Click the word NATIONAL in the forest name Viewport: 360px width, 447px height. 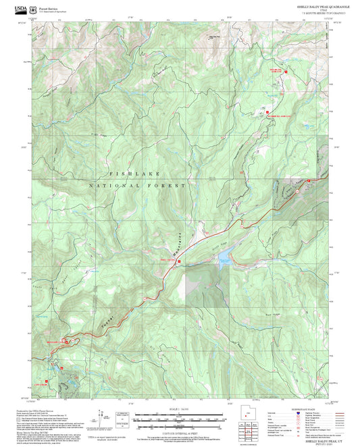tap(115, 185)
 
